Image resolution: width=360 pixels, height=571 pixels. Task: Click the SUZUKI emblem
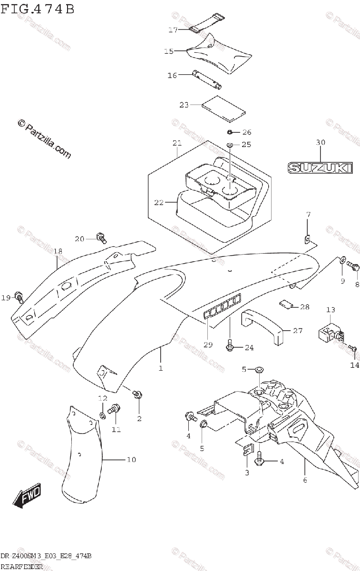(x=320, y=168)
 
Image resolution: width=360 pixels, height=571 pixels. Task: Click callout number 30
(x=320, y=142)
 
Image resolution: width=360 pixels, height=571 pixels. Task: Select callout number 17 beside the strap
(x=173, y=30)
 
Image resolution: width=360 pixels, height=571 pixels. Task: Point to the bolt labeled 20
(x=101, y=236)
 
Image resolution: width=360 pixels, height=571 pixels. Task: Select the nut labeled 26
(x=229, y=132)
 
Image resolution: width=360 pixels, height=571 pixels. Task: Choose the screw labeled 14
(x=353, y=349)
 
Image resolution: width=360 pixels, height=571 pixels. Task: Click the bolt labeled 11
(x=115, y=408)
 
